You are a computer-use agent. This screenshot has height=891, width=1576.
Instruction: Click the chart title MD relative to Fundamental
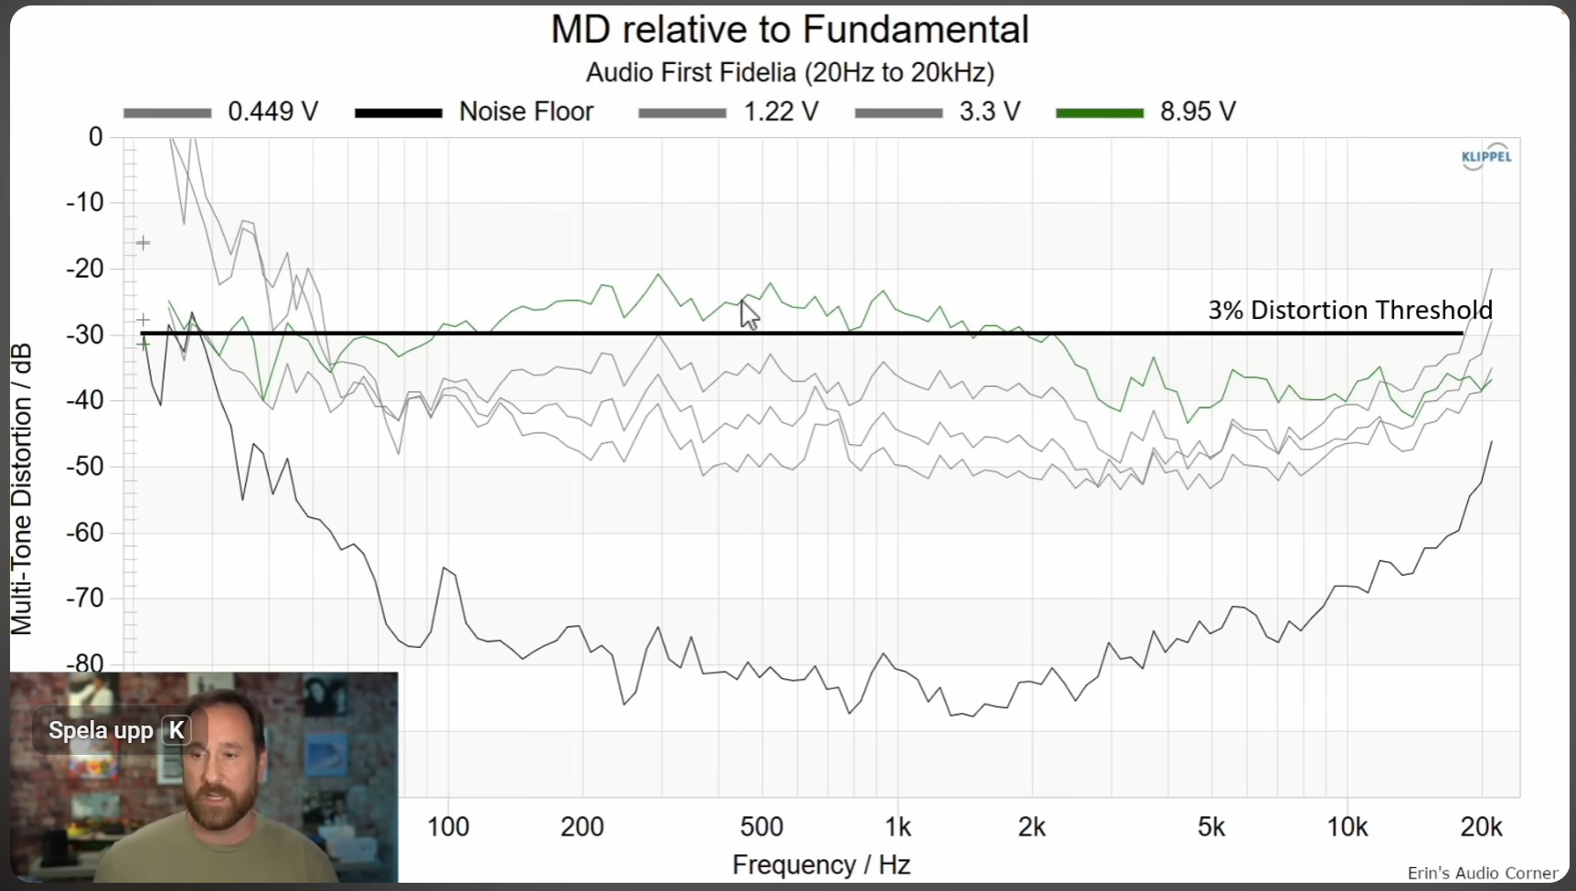click(789, 30)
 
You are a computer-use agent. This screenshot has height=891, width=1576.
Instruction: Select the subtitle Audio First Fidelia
click(790, 72)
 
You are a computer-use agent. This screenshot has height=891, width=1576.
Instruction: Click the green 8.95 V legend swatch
click(1099, 112)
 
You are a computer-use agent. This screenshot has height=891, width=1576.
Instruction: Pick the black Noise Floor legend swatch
click(398, 112)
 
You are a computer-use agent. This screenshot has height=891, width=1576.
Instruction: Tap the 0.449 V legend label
click(272, 111)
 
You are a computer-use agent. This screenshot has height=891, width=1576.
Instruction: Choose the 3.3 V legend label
click(989, 111)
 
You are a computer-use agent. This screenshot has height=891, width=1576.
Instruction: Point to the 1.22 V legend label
click(780, 111)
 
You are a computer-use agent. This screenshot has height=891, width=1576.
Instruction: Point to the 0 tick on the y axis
click(95, 137)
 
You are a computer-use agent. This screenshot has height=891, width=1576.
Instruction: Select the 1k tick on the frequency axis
click(898, 827)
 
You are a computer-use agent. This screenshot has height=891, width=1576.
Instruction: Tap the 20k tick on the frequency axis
click(1481, 827)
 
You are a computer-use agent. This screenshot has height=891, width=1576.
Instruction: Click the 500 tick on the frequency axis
click(761, 827)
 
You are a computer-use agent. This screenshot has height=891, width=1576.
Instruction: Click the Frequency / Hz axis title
click(821, 864)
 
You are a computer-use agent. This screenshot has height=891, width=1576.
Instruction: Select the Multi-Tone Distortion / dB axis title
click(21, 489)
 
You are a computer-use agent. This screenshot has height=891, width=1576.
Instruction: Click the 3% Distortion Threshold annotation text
click(1349, 311)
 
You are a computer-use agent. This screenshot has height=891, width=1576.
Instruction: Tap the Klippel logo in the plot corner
click(1486, 156)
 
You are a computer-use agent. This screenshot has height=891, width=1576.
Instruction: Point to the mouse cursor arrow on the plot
click(749, 314)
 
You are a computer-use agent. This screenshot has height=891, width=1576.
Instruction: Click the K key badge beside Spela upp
click(176, 730)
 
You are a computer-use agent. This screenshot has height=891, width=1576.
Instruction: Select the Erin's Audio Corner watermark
click(1482, 873)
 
